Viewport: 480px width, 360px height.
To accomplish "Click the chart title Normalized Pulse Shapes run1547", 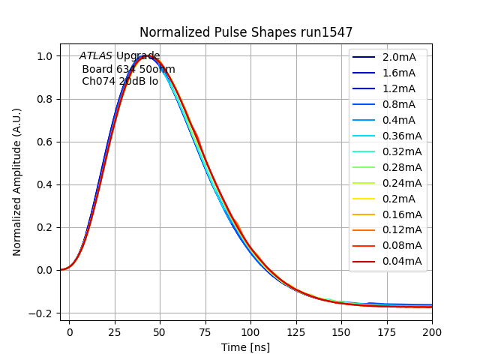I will (x=245, y=32).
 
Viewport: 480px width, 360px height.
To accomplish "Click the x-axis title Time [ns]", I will (x=245, y=347).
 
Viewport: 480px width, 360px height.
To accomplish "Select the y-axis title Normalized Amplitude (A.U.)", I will (x=17, y=182).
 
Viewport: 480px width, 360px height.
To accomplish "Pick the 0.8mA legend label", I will (x=398, y=104).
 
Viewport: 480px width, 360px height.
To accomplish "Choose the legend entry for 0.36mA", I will (x=401, y=136).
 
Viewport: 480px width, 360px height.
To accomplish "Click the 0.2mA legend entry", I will (x=398, y=199).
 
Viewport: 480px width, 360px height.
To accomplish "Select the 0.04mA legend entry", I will (x=401, y=261).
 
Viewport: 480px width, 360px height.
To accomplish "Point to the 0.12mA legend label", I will (x=401, y=229).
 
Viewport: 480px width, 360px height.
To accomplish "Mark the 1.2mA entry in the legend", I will (x=398, y=88).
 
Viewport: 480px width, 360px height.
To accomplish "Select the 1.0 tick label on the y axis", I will (x=44, y=56).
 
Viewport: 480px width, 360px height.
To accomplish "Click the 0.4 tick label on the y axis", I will (x=44, y=184).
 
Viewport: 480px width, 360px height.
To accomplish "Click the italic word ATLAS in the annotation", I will (x=96, y=56).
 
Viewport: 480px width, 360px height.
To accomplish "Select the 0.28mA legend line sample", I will (x=364, y=167).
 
